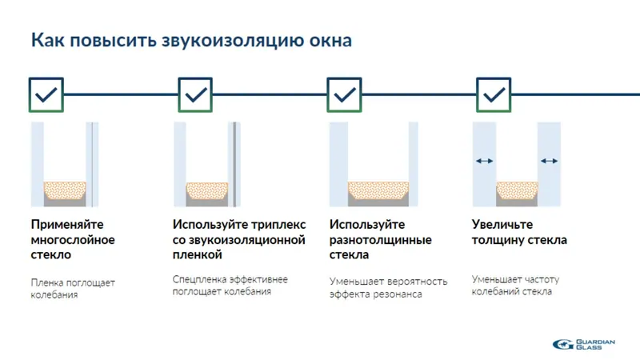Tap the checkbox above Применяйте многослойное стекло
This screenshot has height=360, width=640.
[x=46, y=94]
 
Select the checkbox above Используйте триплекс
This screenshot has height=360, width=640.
[x=195, y=94]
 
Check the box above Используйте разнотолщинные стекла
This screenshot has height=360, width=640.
[x=345, y=94]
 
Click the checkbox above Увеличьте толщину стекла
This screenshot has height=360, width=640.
[x=494, y=94]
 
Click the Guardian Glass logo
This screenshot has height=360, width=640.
[x=584, y=344]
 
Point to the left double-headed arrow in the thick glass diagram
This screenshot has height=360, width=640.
[x=484, y=161]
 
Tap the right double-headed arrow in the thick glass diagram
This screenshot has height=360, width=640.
[x=550, y=161]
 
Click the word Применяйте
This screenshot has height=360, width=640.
[x=67, y=225]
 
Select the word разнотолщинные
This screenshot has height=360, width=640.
[x=380, y=240]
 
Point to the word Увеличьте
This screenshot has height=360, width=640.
[x=502, y=225]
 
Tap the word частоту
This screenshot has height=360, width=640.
[x=542, y=279]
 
